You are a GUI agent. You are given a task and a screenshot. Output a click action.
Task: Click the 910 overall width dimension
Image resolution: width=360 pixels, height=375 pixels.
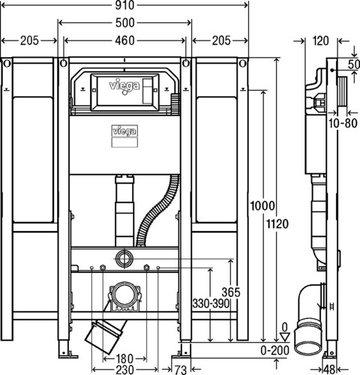[x=124, y=5]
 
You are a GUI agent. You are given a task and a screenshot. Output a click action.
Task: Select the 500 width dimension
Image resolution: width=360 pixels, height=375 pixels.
[x=125, y=22]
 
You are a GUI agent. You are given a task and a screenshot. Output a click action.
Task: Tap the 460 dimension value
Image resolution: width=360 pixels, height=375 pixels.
[x=125, y=40]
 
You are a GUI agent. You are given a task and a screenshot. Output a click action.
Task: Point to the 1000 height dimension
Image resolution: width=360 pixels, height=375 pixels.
[x=262, y=206]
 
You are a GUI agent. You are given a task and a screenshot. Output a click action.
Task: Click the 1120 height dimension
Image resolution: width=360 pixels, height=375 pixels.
[x=277, y=223]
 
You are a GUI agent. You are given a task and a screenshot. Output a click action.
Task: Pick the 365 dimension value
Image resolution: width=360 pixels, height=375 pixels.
[x=231, y=292]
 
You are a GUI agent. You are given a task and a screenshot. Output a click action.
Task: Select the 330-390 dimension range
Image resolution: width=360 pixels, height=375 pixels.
[x=211, y=304]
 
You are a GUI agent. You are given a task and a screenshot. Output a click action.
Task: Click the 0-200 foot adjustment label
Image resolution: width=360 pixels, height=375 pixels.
[x=274, y=350]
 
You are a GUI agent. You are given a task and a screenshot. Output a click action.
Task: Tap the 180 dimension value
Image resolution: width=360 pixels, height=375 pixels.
[x=124, y=359]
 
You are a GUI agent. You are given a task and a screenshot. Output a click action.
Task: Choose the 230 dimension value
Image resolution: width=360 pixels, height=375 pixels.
[x=124, y=370]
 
